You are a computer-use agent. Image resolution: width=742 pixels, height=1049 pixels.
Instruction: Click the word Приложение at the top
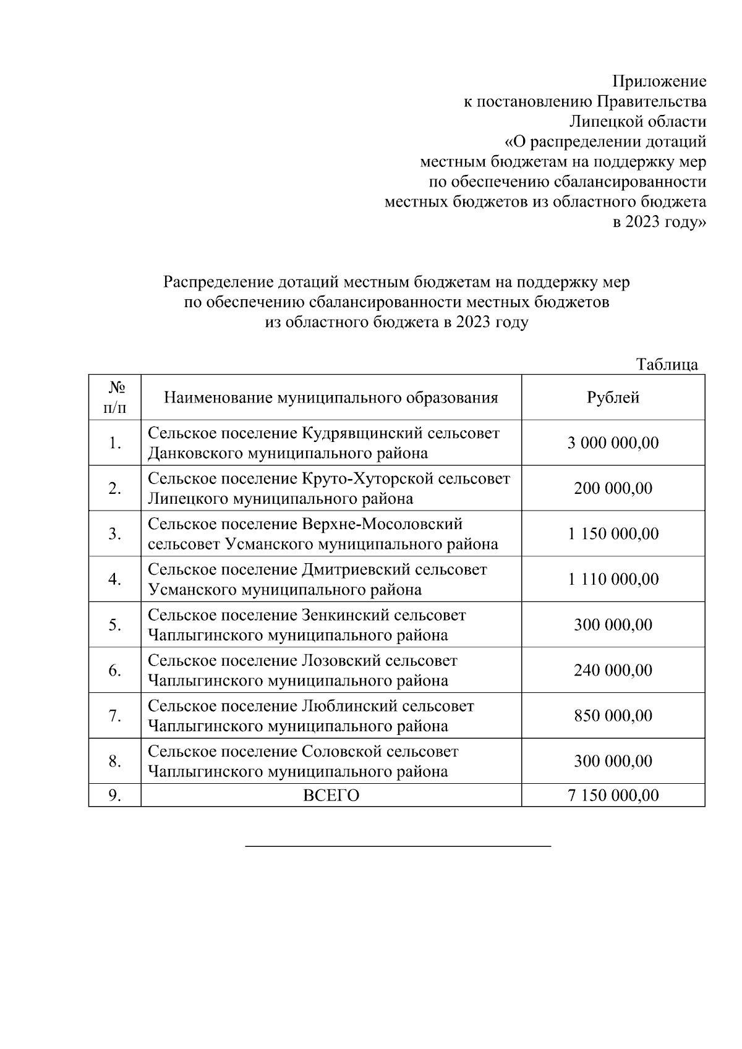(659, 82)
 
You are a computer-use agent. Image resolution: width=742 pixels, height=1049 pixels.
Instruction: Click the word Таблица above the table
(667, 364)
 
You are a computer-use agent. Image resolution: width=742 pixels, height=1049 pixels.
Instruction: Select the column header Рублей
(613, 397)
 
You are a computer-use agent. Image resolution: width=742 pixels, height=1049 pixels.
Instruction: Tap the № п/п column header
(115, 397)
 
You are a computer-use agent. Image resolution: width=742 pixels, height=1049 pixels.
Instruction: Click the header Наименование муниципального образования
(331, 397)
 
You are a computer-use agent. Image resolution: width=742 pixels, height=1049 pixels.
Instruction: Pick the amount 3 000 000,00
(613, 443)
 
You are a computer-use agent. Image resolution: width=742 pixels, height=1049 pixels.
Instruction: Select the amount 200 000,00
(613, 488)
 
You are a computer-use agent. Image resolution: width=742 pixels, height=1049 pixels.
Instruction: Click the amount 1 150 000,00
(613, 533)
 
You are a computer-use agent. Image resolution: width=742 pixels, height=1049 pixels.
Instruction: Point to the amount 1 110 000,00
(613, 579)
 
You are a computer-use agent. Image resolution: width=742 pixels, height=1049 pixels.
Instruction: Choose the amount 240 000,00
(613, 670)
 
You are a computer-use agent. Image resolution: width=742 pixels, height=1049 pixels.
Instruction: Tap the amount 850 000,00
(613, 716)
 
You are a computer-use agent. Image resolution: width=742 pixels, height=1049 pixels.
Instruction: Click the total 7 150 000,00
(613, 795)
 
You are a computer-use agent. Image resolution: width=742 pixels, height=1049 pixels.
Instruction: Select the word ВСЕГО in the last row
(331, 796)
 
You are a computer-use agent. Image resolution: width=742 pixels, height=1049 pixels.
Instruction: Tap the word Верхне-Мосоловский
(382, 524)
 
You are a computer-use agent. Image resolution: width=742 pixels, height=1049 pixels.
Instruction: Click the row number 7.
(115, 716)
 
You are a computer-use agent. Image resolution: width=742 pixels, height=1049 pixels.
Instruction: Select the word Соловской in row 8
(341, 752)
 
